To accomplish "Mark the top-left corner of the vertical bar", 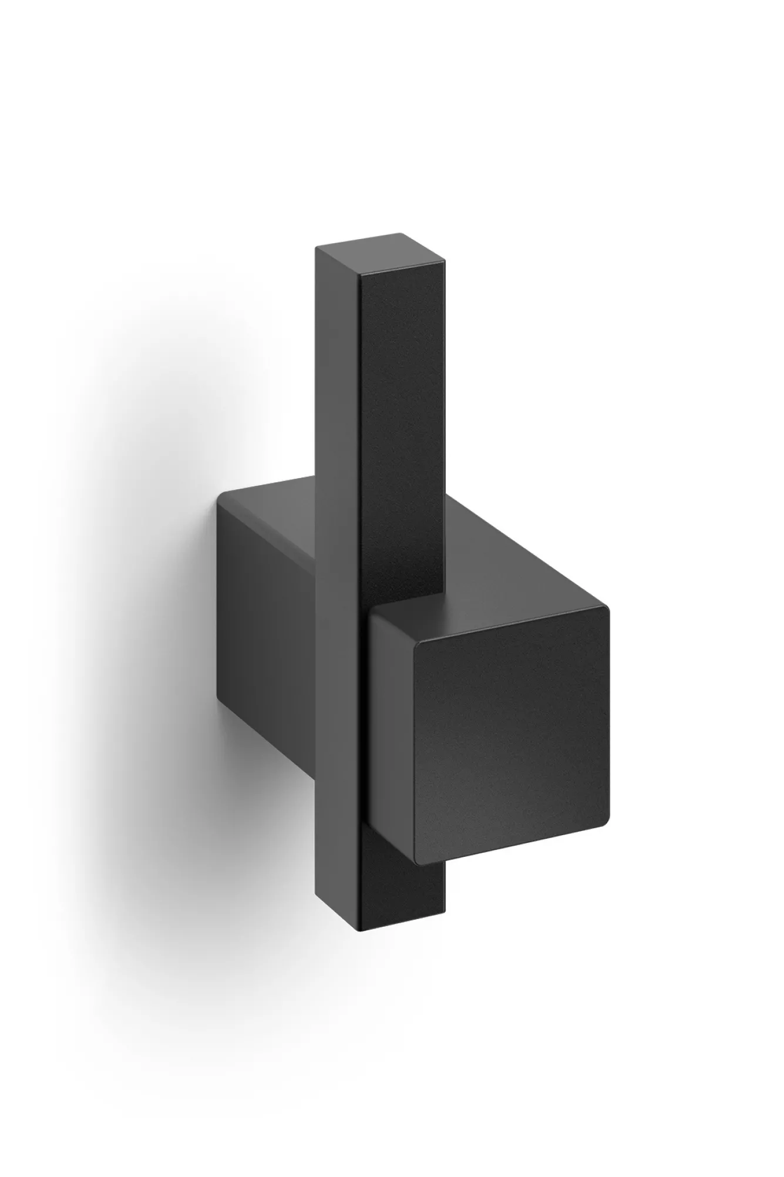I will tap(318, 249).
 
